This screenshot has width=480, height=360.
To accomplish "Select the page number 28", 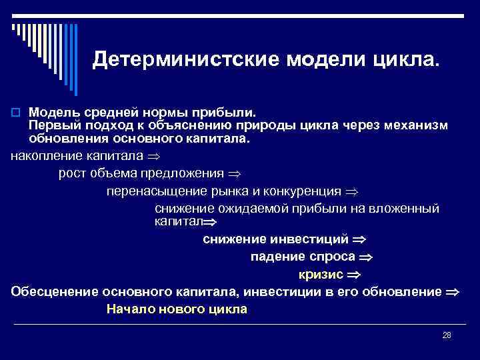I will coord(447,335).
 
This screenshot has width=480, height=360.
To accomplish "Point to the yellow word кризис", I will coord(321,274).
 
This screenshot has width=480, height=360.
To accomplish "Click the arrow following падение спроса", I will coord(365,257).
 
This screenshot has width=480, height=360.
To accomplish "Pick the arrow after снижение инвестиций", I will coord(359,239).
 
